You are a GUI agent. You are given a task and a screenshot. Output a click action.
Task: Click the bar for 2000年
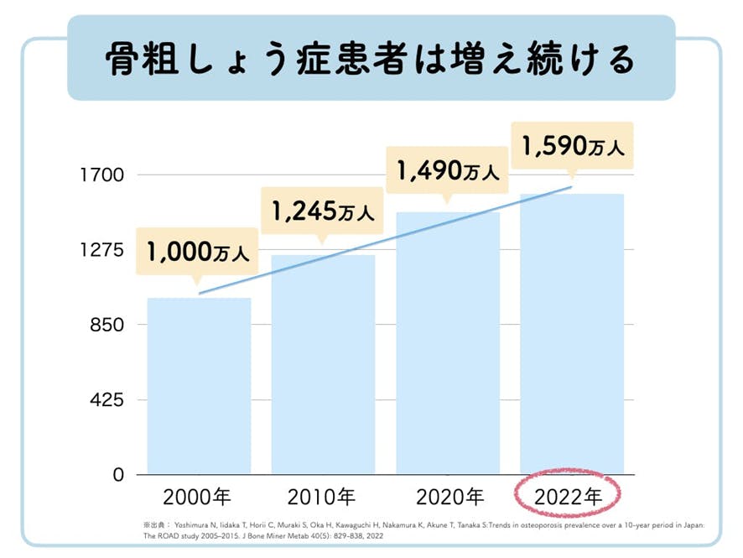(199, 386)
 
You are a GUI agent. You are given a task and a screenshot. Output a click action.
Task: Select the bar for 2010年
(323, 365)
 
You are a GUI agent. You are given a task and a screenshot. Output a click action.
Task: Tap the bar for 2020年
(448, 344)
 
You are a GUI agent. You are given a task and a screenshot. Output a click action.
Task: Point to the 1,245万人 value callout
(322, 213)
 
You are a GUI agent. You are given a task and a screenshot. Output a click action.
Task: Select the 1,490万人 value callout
(447, 171)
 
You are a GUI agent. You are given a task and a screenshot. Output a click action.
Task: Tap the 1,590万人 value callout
(572, 148)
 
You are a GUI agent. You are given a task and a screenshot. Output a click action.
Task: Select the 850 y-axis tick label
(107, 326)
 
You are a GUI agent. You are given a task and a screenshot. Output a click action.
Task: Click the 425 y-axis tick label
(107, 400)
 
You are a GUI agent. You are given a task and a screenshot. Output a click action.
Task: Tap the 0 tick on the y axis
(118, 475)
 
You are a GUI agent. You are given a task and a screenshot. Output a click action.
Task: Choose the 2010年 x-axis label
(321, 497)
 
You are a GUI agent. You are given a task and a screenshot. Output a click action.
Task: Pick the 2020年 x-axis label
(449, 497)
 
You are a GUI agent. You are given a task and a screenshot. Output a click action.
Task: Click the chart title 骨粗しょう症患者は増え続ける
(371, 58)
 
